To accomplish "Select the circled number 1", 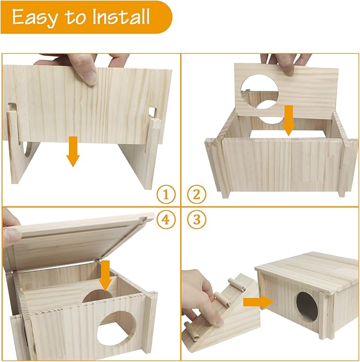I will (166, 195).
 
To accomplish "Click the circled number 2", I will (196, 195).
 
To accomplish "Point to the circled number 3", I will (196, 220).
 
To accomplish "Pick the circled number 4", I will (166, 220).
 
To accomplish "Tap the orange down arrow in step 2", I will (288, 119).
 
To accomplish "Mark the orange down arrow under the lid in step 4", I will (105, 274).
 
